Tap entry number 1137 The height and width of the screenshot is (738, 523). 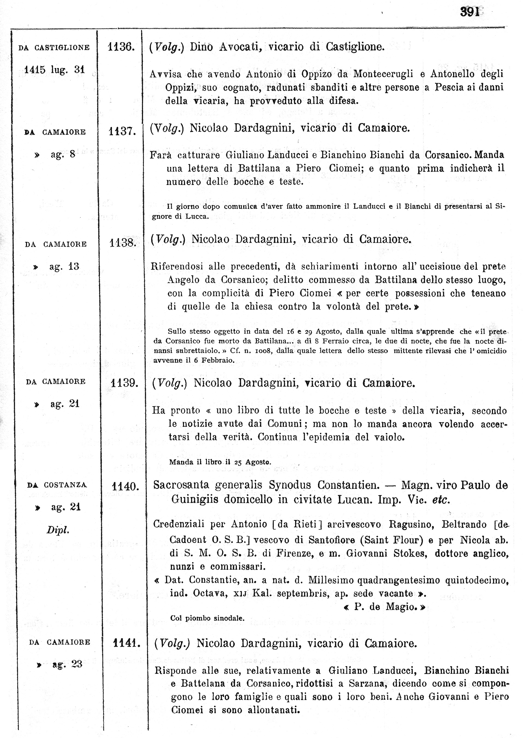[x=122, y=131]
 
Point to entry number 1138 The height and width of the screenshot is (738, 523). [x=123, y=243]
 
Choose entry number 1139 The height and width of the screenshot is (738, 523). [x=124, y=383]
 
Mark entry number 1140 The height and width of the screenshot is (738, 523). [x=125, y=486]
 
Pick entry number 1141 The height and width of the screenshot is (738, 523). [x=127, y=643]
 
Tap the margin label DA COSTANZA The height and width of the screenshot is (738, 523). [x=57, y=485]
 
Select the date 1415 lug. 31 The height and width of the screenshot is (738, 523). [x=54, y=70]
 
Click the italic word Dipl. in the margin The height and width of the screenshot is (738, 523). [x=58, y=530]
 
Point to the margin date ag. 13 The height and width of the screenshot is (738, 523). [x=64, y=266]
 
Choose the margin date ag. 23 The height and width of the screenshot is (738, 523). [x=67, y=664]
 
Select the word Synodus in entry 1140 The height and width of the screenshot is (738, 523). [x=290, y=485]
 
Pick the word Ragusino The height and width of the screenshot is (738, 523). [x=411, y=524]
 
